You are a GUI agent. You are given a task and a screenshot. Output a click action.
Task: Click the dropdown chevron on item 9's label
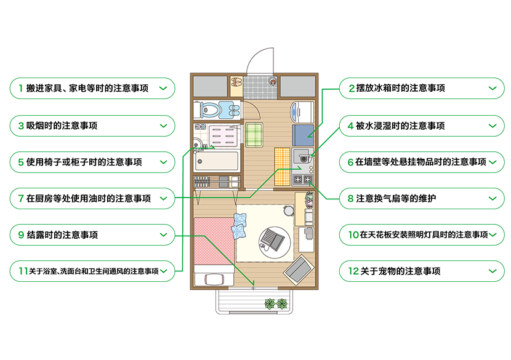click(163, 235)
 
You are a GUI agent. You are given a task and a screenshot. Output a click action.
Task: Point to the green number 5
click(21, 162)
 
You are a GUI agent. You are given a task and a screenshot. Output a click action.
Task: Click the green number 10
click(353, 235)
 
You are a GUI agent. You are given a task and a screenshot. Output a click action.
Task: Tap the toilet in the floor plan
click(207, 110)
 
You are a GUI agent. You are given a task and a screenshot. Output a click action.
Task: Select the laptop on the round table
click(270, 238)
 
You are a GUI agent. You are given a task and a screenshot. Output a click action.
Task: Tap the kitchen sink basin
click(302, 154)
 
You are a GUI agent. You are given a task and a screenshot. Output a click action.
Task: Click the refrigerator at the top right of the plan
click(302, 113)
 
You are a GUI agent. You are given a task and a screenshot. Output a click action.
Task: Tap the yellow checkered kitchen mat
click(282, 165)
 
